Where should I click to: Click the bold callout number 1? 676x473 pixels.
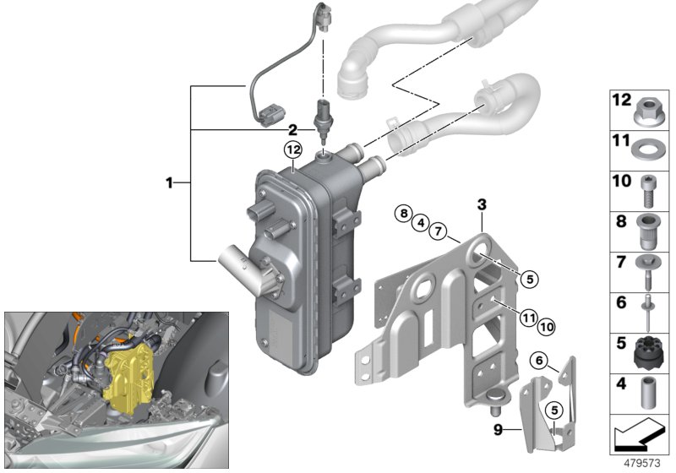(x=170, y=182)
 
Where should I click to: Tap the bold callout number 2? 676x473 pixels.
(x=292, y=130)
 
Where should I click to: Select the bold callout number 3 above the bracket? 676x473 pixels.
(x=482, y=204)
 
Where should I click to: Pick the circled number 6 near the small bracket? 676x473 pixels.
(x=537, y=361)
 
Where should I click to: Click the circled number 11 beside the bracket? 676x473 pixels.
(x=528, y=318)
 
